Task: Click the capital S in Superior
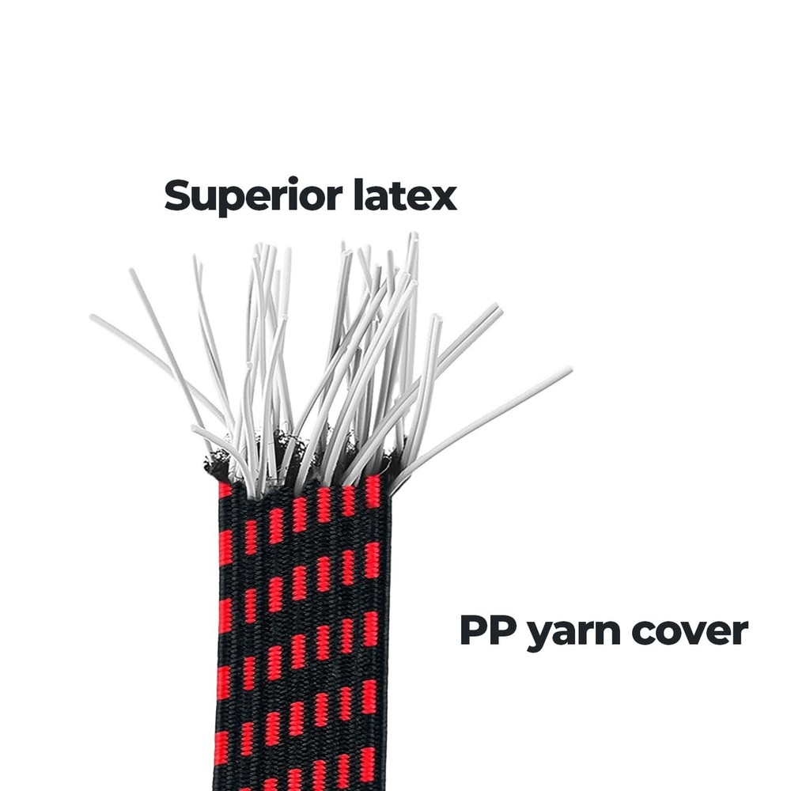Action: tap(179, 195)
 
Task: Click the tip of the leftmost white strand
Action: tap(92, 316)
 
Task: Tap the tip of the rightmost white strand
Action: tap(571, 369)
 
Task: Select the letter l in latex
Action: tap(358, 195)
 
